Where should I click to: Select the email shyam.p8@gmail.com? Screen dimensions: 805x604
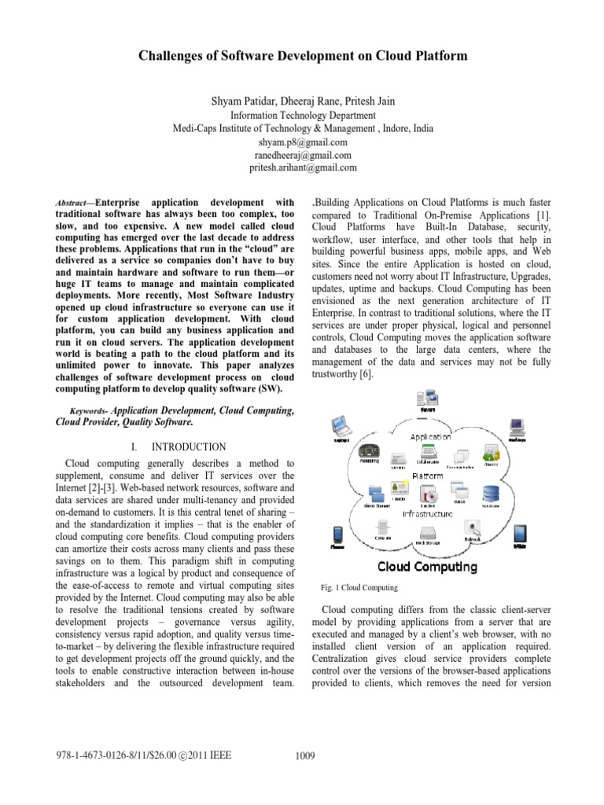pos(302,142)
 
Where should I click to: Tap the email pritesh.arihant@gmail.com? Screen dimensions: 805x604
pos(302,167)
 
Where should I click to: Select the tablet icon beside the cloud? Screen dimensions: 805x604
pos(519,535)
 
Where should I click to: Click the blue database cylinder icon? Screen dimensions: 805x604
pos(491,494)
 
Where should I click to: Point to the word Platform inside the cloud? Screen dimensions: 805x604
pos(427,476)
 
